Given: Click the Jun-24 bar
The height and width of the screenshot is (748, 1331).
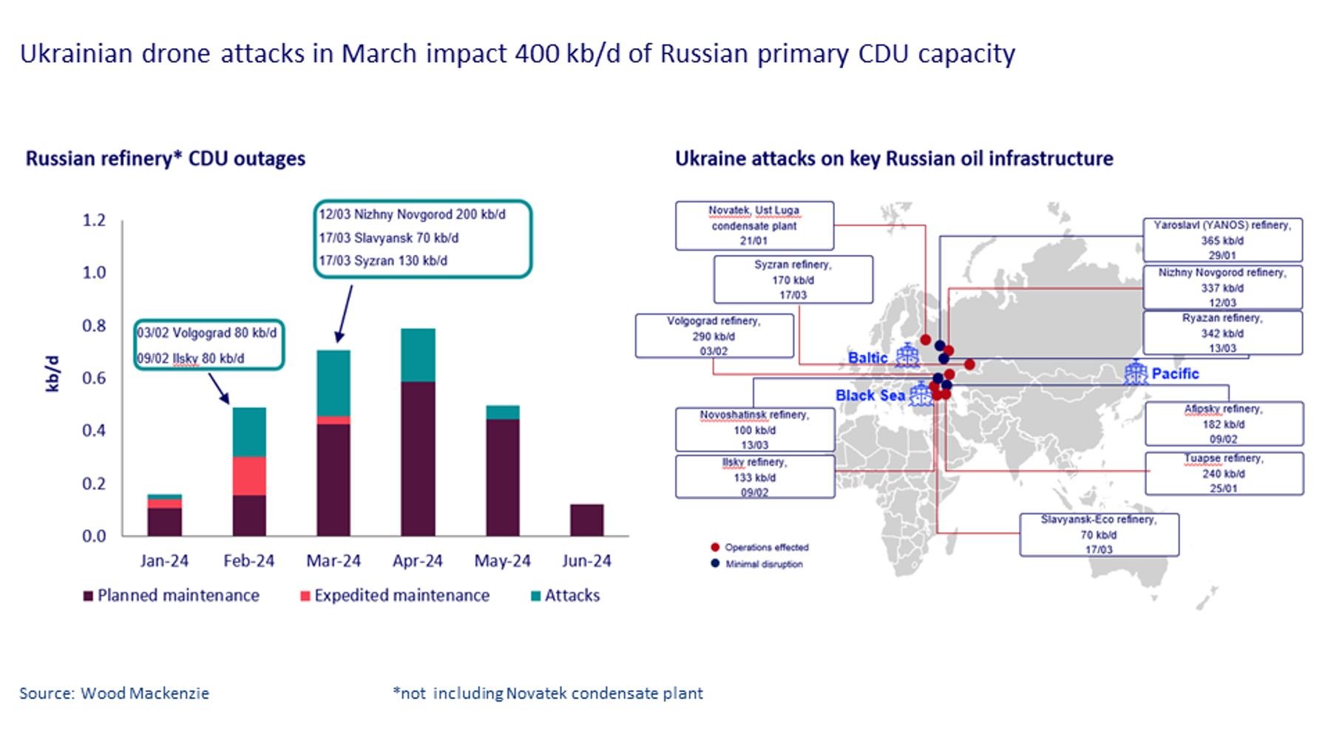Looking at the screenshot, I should point(586,520).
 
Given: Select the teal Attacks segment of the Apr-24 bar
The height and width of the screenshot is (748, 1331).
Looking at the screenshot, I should point(418,355).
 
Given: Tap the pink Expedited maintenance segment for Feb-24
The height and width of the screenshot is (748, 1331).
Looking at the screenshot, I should point(249,475).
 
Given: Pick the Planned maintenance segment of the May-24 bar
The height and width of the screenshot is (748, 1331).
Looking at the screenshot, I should point(502,477).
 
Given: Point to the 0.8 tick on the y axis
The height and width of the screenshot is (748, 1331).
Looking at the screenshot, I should point(94,325).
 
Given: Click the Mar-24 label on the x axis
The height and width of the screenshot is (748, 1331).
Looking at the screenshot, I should point(333,561).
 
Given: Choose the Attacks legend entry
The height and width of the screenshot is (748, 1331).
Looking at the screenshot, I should point(566,596).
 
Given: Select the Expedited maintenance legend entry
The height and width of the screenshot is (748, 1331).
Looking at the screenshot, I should point(395,596).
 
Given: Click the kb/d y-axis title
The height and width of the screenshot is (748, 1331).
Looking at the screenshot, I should point(52,373).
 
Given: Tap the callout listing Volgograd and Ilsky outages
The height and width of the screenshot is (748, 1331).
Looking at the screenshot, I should point(209,345).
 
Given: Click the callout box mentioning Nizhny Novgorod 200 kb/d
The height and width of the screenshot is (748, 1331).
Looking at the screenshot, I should point(422,238).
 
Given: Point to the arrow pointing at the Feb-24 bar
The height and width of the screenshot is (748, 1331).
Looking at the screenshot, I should point(218,388).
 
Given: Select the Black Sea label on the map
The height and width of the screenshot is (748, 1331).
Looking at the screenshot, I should point(870,395).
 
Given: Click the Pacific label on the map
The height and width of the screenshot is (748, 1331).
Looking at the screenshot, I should point(1175,373).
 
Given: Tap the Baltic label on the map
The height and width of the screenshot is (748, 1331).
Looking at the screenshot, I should point(867,358).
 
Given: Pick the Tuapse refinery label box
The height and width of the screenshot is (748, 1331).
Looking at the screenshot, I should point(1224,473).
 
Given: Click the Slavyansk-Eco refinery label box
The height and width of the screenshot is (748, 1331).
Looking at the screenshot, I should point(1099,534).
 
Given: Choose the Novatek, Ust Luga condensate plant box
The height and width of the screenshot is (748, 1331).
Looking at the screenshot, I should point(754,225).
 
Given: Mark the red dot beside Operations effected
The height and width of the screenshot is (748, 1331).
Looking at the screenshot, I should point(715,547).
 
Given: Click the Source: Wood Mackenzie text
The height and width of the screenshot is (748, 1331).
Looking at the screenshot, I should point(115,693).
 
